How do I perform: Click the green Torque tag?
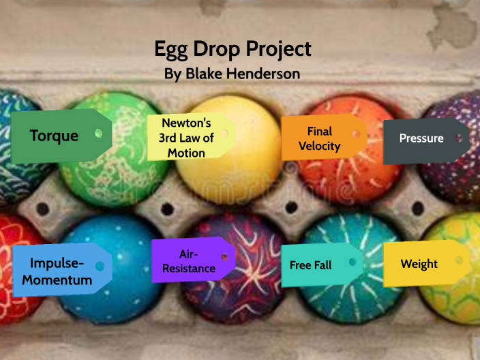61,136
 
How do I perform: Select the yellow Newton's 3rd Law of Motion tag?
191,137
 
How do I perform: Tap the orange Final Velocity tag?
324,138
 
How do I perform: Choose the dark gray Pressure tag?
426,141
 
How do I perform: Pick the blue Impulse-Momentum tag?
62,270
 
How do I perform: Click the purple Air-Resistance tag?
193,260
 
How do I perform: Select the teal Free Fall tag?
322,265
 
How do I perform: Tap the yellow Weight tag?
426,264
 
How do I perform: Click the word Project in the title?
279,50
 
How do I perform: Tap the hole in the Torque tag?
99,134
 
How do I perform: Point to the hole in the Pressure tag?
459,138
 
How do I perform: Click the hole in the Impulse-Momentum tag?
100,266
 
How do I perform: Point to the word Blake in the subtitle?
204,74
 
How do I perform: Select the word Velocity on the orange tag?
320,146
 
